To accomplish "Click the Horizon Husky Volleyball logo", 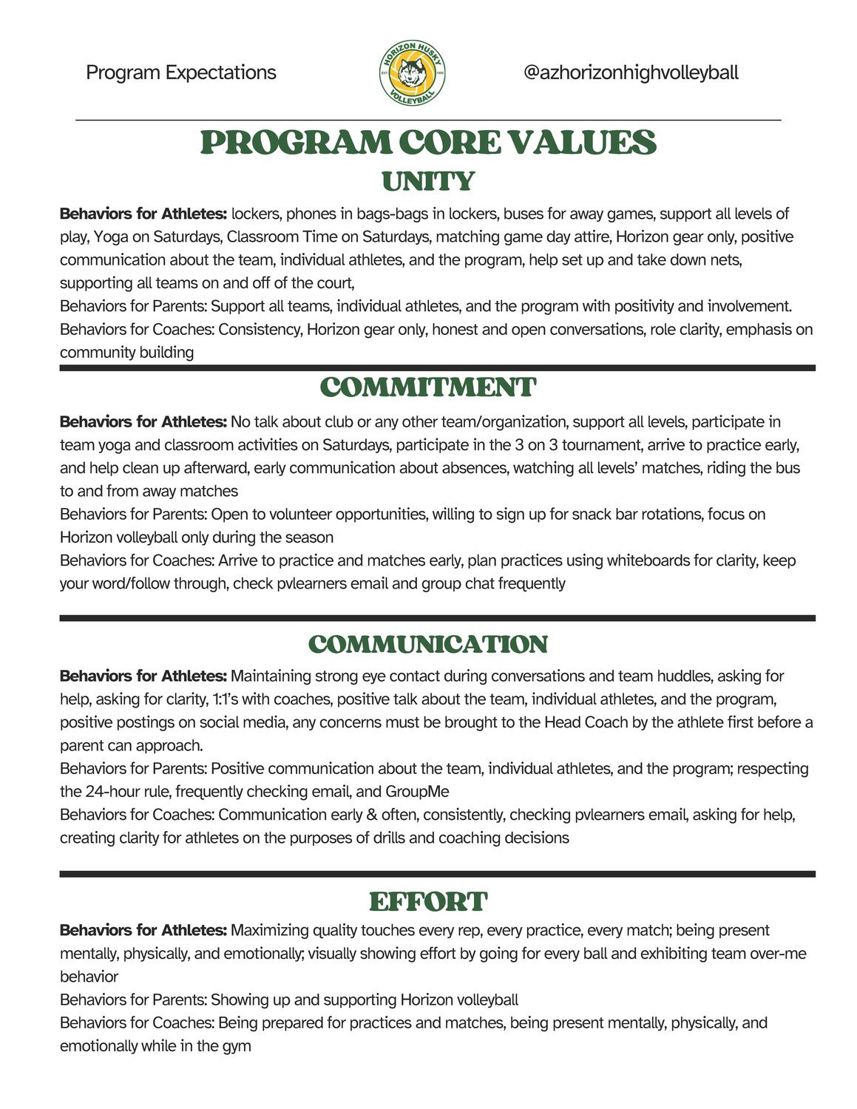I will pos(412,72).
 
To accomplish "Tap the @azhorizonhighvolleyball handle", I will pos(630,72).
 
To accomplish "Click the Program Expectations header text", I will pos(181,72).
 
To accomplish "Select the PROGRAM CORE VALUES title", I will pos(428,143).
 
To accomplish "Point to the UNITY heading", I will pos(428,181).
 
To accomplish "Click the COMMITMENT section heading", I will pos(428,387).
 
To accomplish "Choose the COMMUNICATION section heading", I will pos(428,644).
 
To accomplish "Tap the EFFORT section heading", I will pos(428,902).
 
